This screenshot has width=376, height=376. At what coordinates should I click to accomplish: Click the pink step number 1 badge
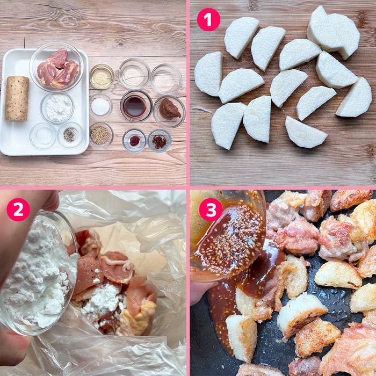coord(208,20)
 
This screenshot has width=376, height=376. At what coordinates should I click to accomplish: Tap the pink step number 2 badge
coord(18,209)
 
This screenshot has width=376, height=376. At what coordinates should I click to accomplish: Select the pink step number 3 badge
coord(211,209)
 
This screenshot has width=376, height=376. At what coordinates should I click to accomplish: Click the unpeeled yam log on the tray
coord(17,98)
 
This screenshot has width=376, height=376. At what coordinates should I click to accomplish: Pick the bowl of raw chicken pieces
coord(56,67)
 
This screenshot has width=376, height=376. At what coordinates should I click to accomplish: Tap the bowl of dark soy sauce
coord(136,106)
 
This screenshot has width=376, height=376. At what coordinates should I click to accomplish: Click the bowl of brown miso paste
coord(169,112)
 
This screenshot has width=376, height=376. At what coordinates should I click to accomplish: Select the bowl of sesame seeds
coord(101,135)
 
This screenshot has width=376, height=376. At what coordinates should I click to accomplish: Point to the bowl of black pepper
coord(70,134)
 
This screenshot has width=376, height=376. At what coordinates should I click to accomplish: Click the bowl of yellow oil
coord(102,77)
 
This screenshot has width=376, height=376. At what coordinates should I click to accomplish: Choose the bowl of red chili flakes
coord(159,141)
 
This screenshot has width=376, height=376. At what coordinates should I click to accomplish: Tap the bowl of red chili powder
coord(134,141)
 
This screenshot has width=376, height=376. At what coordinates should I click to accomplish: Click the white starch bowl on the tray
coord(57,108)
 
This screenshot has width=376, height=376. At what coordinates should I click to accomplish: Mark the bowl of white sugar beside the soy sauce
coord(101,106)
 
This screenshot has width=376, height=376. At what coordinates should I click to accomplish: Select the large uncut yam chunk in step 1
coord(334,33)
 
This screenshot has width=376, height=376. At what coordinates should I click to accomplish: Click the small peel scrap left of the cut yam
coord(202,110)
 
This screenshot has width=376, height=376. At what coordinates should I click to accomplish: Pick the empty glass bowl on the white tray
coord(43,136)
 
